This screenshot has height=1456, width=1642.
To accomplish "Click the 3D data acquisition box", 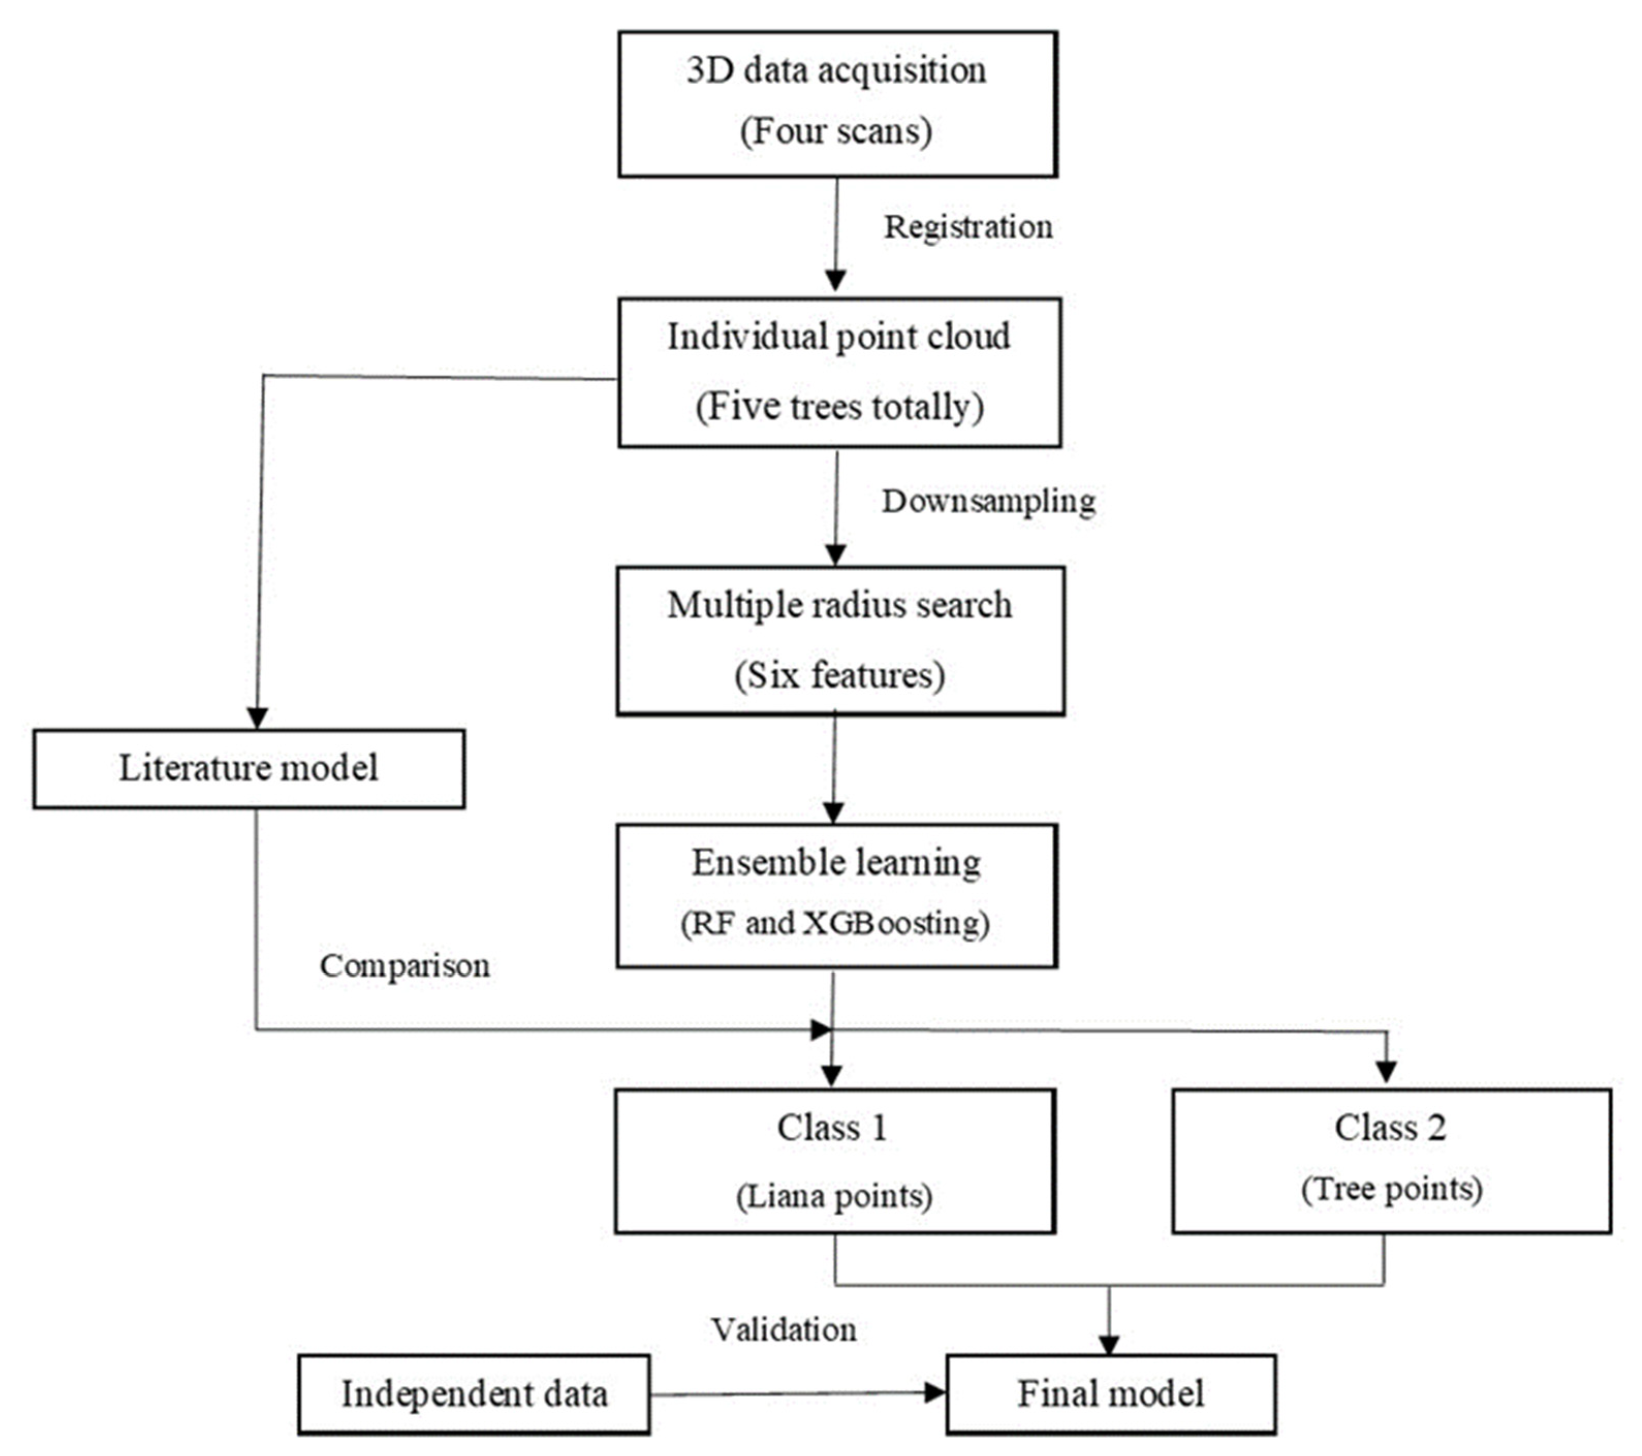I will tap(837, 103).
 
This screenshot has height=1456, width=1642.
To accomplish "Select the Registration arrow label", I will tap(968, 227).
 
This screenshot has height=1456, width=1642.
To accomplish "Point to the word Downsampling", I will tap(988, 502).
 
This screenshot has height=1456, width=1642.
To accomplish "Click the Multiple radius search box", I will tap(840, 640).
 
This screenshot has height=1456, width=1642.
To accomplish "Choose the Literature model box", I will tap(248, 768).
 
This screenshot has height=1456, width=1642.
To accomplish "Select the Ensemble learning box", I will tap(836, 895).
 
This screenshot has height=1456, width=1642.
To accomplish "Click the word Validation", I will tap(783, 1330).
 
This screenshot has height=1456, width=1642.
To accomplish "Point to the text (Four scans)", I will tap(836, 131).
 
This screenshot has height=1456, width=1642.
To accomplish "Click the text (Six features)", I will tap(840, 675).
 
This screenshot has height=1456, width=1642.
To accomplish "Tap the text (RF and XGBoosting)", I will tap(835, 922).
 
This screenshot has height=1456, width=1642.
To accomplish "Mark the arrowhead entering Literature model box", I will tap(257, 717).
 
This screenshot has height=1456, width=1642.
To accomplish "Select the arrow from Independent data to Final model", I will tap(795, 1394).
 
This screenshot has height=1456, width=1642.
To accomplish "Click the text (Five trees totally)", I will tap(840, 406).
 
